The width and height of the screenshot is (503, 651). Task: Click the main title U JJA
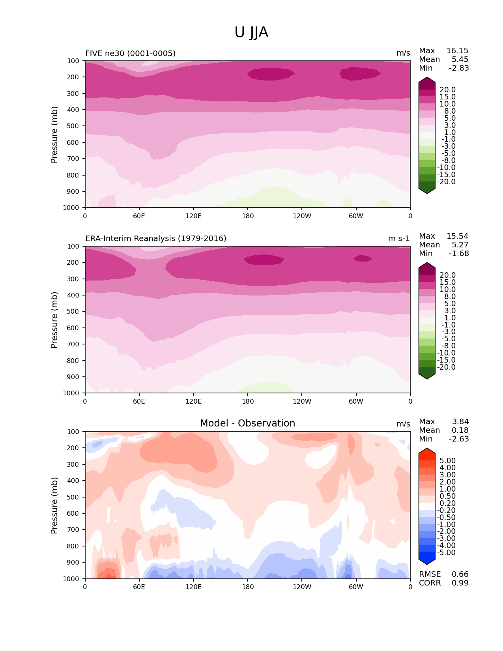[x=251, y=32]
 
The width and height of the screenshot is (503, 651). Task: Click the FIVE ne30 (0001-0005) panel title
[x=131, y=54]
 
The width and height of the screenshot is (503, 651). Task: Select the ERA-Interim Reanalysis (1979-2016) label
[x=156, y=239]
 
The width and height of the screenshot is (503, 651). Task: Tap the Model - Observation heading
[x=247, y=423]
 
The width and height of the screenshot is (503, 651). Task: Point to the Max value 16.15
[x=457, y=51]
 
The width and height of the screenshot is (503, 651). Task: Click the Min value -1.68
[x=459, y=254]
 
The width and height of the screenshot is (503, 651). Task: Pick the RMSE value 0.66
[x=460, y=574]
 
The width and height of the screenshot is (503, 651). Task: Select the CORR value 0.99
[x=460, y=583]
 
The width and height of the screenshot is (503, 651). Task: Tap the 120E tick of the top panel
[x=193, y=216]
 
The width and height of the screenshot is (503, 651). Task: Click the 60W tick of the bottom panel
[x=356, y=587]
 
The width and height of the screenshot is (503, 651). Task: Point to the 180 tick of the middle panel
[x=248, y=402]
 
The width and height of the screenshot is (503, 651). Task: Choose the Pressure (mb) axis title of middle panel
[x=54, y=320]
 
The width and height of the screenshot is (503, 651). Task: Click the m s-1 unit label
[x=399, y=239]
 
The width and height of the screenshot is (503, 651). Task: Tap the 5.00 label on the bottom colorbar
[x=447, y=461]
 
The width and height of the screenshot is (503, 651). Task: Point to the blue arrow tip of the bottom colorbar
[x=427, y=563]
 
